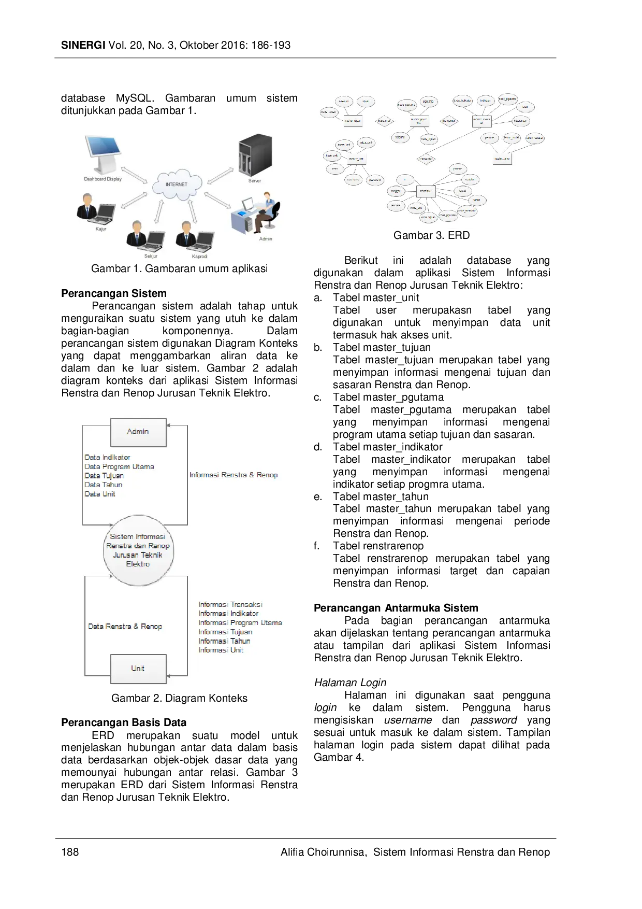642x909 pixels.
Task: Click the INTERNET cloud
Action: click(176, 184)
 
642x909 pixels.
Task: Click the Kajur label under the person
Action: click(100, 229)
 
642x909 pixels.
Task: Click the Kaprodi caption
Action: click(199, 257)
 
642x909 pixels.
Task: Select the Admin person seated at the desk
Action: click(267, 210)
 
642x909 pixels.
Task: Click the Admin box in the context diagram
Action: click(138, 432)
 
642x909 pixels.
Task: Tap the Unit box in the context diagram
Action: click(138, 668)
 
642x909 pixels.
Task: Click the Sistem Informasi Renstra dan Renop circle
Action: click(138, 550)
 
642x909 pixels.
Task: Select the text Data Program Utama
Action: click(119, 466)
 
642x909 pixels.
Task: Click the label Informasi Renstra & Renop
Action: click(233, 475)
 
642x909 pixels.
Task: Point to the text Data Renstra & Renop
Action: click(125, 626)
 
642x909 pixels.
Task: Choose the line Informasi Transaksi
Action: click(230, 604)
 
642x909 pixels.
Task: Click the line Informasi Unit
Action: click(221, 650)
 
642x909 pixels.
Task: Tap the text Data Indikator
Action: click(107, 457)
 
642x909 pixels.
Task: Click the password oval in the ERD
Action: click(374, 180)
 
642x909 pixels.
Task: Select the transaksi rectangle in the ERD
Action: click(426, 191)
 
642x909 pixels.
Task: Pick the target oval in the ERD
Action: click(462, 191)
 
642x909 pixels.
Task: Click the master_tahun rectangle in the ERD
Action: click(502, 159)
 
